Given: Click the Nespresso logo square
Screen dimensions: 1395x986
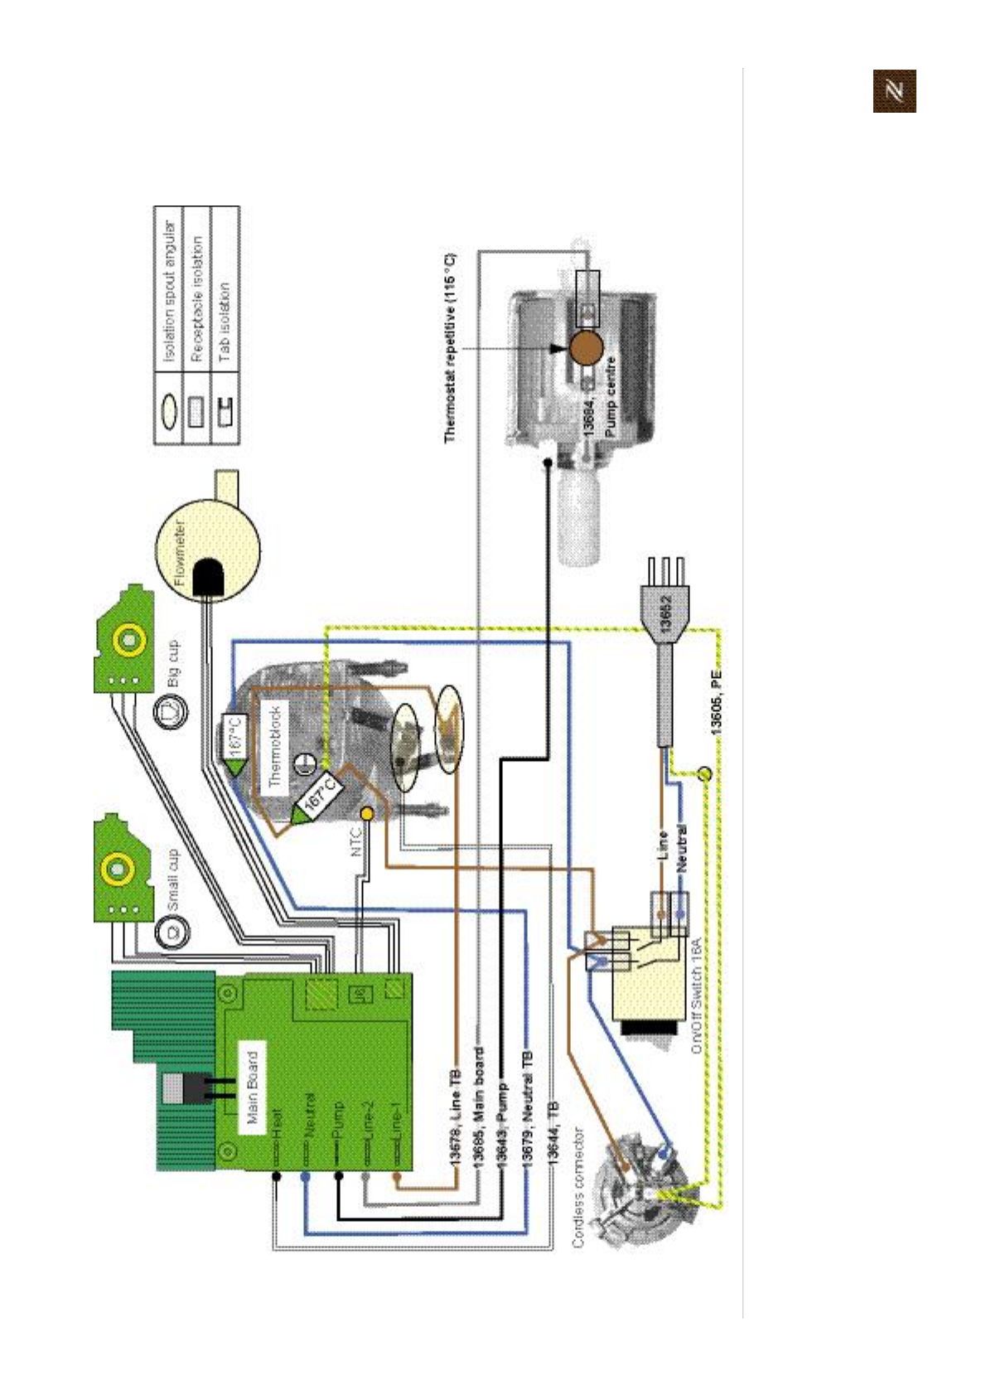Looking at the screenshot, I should click(x=894, y=90).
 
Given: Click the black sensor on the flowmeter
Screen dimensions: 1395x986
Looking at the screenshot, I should click(x=207, y=577).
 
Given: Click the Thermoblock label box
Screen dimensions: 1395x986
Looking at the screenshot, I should click(x=276, y=747).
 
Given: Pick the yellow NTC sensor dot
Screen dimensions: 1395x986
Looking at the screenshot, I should click(x=366, y=815).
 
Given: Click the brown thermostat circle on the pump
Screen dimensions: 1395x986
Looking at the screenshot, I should click(x=586, y=347).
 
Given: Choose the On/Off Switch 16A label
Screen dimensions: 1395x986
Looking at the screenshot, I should click(x=696, y=995).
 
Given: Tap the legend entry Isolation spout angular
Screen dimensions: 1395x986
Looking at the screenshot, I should click(x=168, y=291).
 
